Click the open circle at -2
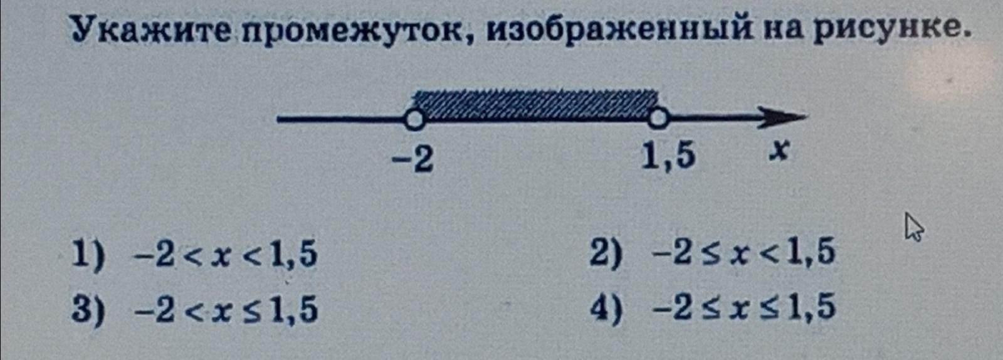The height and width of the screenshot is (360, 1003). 413,118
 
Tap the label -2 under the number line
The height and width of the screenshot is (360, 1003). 412,159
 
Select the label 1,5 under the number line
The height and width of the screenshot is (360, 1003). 668,156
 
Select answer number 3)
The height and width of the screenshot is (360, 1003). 87,309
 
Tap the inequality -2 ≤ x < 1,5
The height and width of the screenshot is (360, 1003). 744,254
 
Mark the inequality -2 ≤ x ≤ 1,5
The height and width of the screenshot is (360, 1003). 744,308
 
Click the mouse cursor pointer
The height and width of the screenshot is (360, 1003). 913,226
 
